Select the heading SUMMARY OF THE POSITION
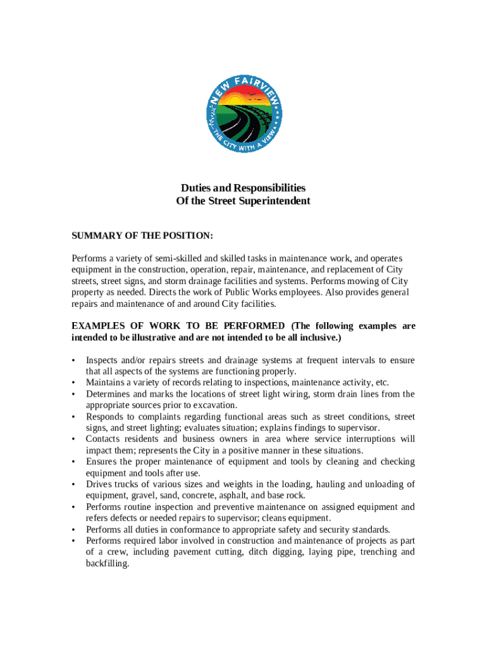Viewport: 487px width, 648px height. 142,236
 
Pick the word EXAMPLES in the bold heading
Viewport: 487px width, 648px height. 99,327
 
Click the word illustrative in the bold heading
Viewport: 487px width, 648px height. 152,338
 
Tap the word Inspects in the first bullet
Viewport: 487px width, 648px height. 103,361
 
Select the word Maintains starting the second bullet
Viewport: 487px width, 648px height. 107,383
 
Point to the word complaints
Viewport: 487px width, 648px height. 150,416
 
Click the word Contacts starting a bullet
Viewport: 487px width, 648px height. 104,439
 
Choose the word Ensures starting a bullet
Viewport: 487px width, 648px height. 103,462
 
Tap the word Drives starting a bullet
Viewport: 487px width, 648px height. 100,485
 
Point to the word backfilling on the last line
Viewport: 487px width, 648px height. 107,563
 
